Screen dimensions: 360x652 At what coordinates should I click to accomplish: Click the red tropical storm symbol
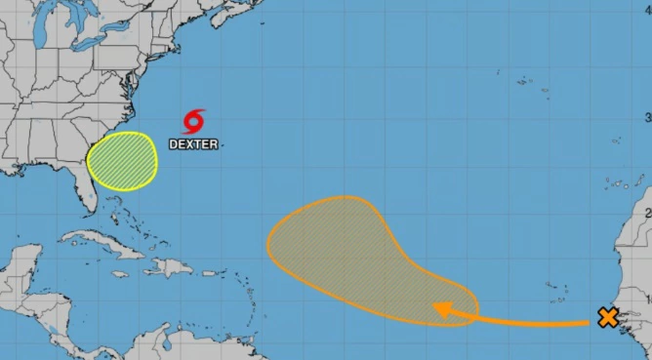(x=193, y=121)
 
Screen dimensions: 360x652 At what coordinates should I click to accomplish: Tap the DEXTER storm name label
(x=193, y=144)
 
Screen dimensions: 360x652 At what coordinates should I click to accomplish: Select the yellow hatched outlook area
(x=122, y=160)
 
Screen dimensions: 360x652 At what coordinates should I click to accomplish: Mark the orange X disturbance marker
(x=608, y=317)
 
